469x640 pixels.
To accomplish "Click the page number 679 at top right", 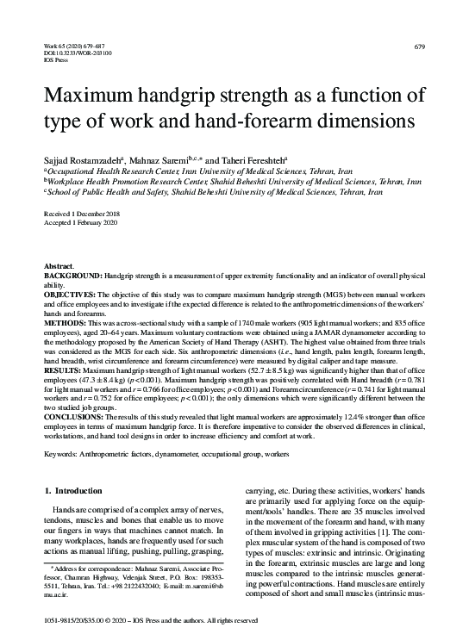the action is [x=419, y=45].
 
